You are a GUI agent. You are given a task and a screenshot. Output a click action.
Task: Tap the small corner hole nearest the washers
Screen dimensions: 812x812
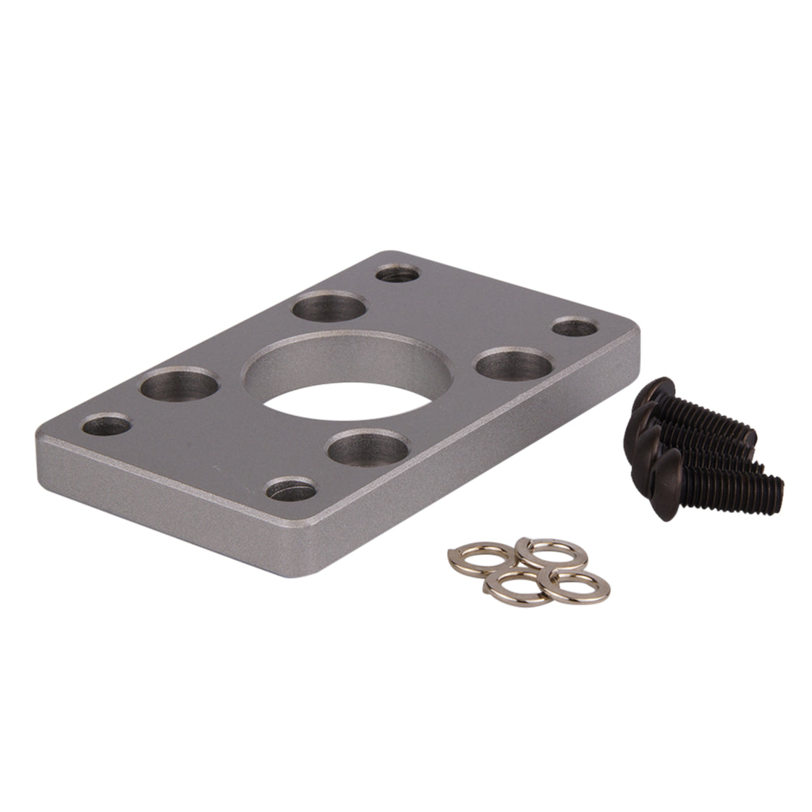pos(292,490)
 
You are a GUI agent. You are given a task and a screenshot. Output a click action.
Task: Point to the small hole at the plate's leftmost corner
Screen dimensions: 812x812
pos(106,425)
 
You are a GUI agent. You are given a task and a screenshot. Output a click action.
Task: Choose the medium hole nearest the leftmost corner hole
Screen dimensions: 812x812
pos(179,384)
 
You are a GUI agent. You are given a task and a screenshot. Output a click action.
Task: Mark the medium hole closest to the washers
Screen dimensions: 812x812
pos(368,448)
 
